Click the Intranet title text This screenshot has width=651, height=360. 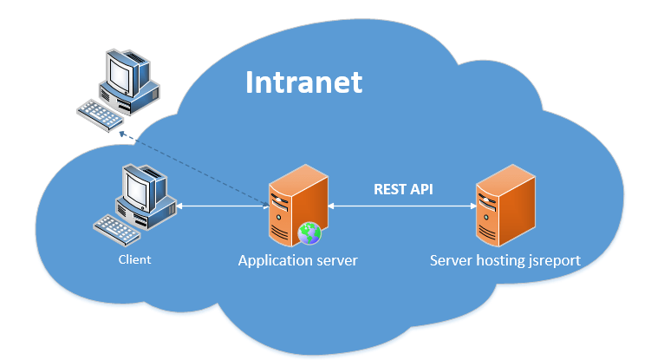coord(303,83)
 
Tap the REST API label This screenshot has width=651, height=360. coord(403,189)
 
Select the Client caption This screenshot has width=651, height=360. coord(134,259)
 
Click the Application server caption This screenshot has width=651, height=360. coord(297,260)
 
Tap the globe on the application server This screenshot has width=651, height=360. coord(309,232)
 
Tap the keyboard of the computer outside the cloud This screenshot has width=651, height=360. coord(100,112)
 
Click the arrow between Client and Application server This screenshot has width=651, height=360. coord(223,206)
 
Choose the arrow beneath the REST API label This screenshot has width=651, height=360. coord(400,206)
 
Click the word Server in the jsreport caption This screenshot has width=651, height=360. coord(451,260)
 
